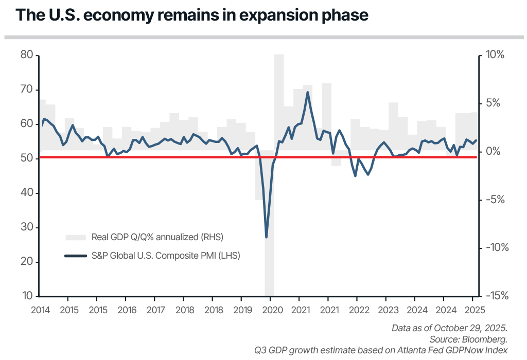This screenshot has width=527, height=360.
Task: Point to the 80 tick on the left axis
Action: [x=27, y=55]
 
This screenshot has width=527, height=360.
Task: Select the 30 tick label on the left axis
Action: [x=27, y=227]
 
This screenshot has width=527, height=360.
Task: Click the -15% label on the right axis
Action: [x=497, y=296]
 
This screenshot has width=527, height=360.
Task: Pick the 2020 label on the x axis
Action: [x=273, y=310]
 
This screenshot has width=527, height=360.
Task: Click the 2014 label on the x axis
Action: [x=40, y=310]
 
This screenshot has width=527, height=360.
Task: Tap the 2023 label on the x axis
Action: [x=388, y=310]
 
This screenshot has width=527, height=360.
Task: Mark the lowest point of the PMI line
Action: [x=266, y=237]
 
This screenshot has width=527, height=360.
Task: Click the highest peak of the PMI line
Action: [x=308, y=93]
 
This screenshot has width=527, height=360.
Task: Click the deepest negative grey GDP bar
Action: [x=269, y=257]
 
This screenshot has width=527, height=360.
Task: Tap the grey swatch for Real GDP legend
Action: [x=76, y=237]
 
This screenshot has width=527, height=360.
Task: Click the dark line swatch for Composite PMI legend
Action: [x=76, y=255]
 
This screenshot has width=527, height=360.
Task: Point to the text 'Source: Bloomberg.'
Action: [x=468, y=339]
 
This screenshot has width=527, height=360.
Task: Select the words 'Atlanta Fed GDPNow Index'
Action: [x=458, y=350]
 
